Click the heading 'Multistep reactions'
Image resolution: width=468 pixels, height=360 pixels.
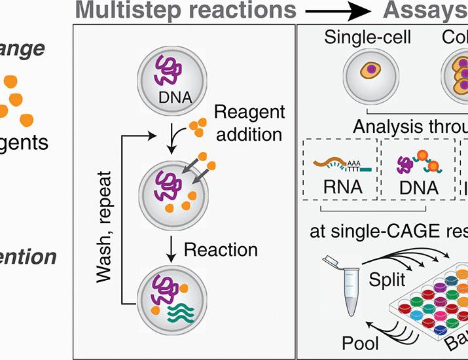(178, 10)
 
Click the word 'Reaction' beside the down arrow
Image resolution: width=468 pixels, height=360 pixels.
(221, 249)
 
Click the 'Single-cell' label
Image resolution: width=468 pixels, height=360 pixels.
(368, 38)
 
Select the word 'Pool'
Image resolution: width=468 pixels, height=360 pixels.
(361, 343)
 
